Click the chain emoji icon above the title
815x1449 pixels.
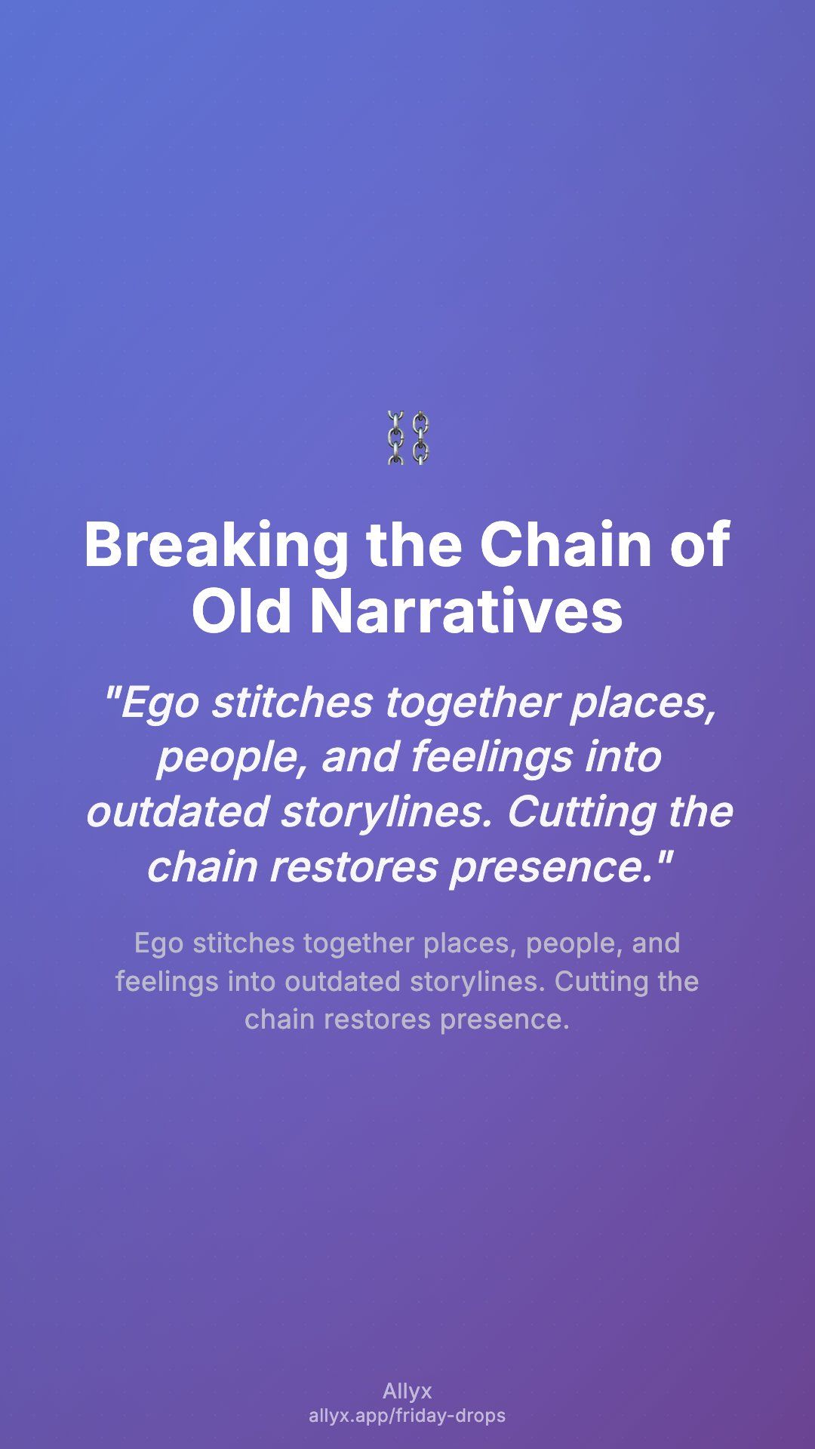coord(407,438)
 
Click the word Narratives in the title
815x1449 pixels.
coord(466,611)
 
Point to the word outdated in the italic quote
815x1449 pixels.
coord(177,812)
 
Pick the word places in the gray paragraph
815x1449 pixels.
coord(469,944)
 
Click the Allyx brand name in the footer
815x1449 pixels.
coord(407,1392)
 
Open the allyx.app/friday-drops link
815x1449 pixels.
coord(407,1416)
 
